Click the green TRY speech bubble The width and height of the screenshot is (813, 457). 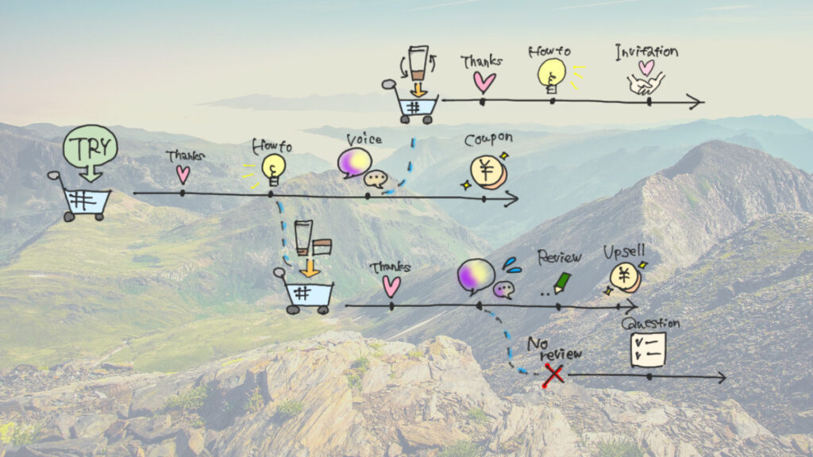(90, 147)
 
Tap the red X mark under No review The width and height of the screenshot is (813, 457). (553, 374)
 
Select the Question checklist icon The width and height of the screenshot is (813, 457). (648, 350)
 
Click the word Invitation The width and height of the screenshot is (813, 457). (646, 52)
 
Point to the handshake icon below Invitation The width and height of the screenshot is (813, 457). (645, 83)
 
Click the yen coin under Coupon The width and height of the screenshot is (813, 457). (487, 171)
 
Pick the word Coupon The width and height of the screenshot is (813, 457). (488, 138)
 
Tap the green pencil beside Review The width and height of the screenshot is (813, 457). (562, 282)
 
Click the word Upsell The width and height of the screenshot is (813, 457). (624, 253)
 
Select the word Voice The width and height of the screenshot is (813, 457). (364, 140)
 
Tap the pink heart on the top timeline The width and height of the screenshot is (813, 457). (484, 82)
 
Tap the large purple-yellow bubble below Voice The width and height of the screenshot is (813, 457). (476, 275)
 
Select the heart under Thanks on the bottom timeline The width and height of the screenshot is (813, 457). (391, 286)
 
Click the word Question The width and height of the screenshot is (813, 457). (650, 324)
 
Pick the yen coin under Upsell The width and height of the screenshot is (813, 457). (624, 278)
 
